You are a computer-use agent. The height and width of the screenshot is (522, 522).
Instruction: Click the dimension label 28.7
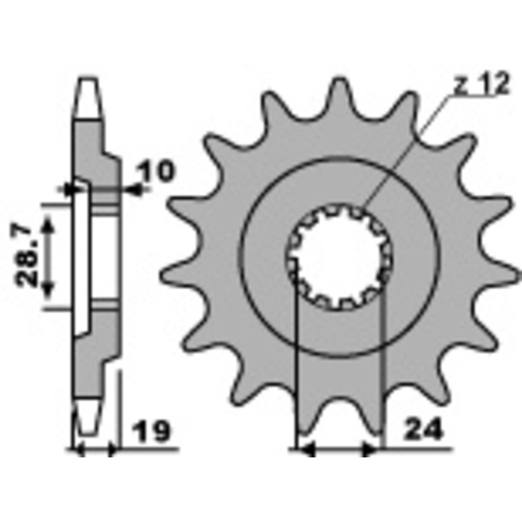(x=28, y=256)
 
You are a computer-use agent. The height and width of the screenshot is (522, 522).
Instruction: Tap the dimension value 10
(x=157, y=172)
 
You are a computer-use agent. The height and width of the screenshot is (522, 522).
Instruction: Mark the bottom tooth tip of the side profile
(x=89, y=424)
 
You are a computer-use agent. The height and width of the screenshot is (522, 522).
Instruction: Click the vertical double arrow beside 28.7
(x=48, y=256)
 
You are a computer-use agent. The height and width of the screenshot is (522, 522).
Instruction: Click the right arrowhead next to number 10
(x=136, y=189)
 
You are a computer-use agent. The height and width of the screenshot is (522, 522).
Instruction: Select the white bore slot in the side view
(x=82, y=256)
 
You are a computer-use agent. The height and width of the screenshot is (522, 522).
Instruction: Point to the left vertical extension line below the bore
(x=296, y=359)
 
